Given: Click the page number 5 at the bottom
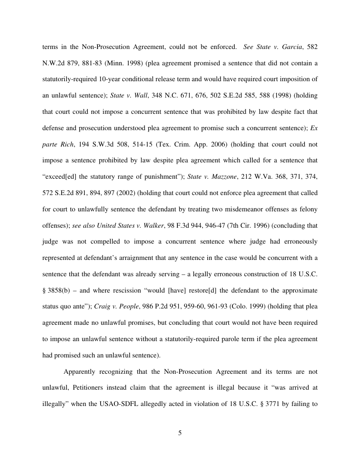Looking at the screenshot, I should pos(180,433).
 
